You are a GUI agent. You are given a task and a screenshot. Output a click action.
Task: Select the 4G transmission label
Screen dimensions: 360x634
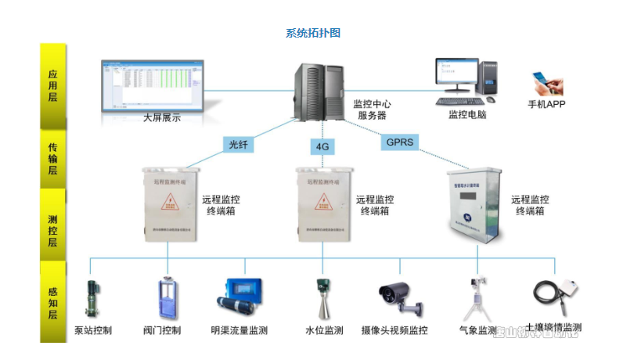(x=322, y=146)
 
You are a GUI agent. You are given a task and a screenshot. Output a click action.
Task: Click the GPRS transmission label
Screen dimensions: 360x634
(x=399, y=142)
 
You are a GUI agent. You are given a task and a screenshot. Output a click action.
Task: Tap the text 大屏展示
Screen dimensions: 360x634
(x=162, y=118)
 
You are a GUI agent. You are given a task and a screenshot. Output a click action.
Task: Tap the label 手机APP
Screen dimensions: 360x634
(x=547, y=104)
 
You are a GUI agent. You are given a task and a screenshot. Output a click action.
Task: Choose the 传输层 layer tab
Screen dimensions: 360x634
(x=52, y=159)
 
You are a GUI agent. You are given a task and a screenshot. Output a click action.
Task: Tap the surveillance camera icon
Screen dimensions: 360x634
(x=398, y=297)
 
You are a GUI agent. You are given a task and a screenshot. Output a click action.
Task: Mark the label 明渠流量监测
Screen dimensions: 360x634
(x=240, y=330)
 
